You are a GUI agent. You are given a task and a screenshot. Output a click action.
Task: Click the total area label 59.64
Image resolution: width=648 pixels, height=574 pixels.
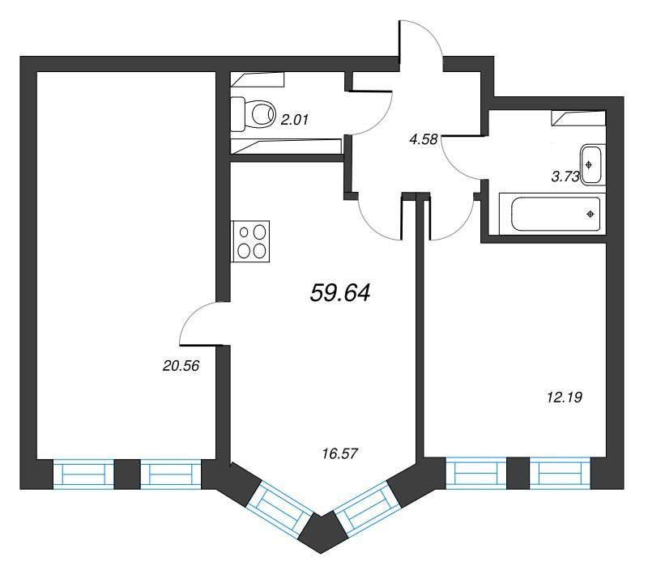pyautogui.click(x=339, y=294)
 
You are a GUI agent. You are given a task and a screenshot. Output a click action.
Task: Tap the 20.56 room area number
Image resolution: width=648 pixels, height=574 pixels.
pyautogui.click(x=181, y=366)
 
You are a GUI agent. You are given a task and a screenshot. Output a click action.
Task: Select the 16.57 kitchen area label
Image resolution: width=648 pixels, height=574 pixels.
pyautogui.click(x=339, y=454)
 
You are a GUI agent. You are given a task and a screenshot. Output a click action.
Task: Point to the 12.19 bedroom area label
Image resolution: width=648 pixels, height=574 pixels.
pyautogui.click(x=565, y=398)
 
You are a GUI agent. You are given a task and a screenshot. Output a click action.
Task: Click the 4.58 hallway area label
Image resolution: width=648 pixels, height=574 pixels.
pyautogui.click(x=423, y=139)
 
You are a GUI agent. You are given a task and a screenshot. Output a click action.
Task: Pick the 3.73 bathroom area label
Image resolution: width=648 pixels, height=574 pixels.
pyautogui.click(x=565, y=176)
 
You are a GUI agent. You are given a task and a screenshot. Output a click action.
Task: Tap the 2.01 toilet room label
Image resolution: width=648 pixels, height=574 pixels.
pyautogui.click(x=295, y=120)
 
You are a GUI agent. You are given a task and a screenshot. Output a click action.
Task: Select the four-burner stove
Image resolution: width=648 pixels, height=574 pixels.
pyautogui.click(x=250, y=241)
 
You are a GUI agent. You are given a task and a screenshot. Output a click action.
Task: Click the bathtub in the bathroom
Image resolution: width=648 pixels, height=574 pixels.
pyautogui.click(x=552, y=214)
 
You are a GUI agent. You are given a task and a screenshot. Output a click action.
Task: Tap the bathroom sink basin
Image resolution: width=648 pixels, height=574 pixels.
pyautogui.click(x=593, y=164)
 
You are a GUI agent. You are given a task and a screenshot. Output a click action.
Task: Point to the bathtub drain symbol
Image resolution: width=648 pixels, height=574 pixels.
pyautogui.click(x=590, y=214)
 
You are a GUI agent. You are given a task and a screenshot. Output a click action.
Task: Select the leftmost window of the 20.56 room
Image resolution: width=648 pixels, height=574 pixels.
pyautogui.click(x=83, y=474)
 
